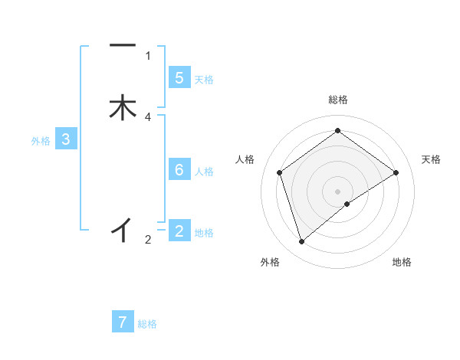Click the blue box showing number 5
tap(179, 78)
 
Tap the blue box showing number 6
tap(179, 170)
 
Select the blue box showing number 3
tap(66, 139)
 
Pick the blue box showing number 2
tap(179, 231)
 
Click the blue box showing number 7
tap(123, 322)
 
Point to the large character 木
tap(123, 107)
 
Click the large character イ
tap(123, 228)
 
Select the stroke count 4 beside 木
tap(148, 117)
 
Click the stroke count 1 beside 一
tap(148, 55)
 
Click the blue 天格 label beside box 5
tap(204, 80)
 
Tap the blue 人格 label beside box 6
tap(204, 172)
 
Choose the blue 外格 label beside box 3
tap(41, 141)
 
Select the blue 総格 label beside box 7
tap(147, 324)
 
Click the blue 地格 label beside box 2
tap(204, 233)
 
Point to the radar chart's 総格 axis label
tap(338, 100)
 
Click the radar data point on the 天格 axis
tap(396, 172)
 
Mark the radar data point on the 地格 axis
tap(347, 204)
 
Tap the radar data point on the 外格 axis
tap(302, 242)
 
